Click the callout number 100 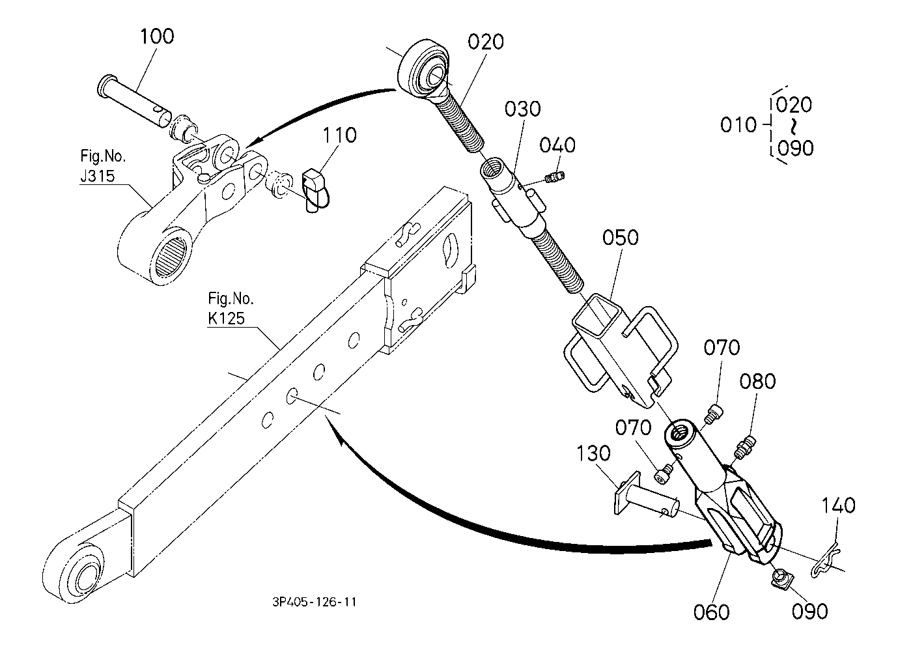coord(157,36)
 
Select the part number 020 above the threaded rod coord(486,42)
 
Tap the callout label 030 coord(522,109)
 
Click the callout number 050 coord(620,237)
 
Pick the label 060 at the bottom coord(712,612)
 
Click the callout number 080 coord(757,381)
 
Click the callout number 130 coord(593,453)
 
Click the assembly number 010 coord(738,124)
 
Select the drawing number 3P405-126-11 coord(315,602)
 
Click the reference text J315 coord(98,176)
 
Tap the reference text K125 coord(226,318)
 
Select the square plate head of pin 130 coord(626,493)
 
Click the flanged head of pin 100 coord(105,85)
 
